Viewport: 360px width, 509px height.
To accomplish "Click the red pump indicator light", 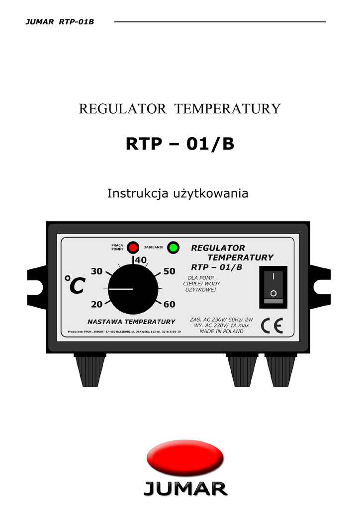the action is pyautogui.click(x=133, y=247).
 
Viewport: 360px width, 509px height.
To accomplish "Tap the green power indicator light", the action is pyautogui.click(x=173, y=247).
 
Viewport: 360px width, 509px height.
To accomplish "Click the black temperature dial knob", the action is pyautogui.click(x=132, y=289).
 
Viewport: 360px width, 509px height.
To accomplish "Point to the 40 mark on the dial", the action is pyautogui.click(x=140, y=260).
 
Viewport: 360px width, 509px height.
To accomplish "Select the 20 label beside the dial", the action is pyautogui.click(x=96, y=304).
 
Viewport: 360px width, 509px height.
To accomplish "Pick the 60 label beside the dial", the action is pyautogui.click(x=169, y=304).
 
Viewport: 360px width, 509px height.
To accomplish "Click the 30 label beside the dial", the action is pyautogui.click(x=96, y=271).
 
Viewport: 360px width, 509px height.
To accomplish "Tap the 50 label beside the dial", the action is pyautogui.click(x=169, y=271).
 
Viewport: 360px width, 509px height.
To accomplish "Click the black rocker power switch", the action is pyautogui.click(x=273, y=285).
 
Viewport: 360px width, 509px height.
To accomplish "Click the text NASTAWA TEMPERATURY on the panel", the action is pyautogui.click(x=131, y=322).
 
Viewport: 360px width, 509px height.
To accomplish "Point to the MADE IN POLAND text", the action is pyautogui.click(x=221, y=332).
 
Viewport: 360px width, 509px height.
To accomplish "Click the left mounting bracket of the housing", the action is pyautogui.click(x=37, y=284).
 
